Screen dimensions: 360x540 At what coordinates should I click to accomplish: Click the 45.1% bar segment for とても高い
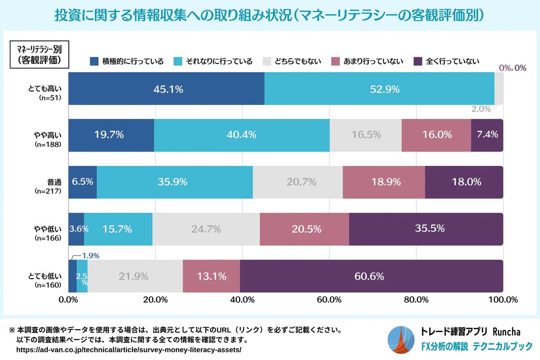click(166, 89)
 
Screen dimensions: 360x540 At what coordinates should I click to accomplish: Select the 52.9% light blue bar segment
click(379, 89)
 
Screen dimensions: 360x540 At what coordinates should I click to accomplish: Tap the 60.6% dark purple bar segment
click(371, 276)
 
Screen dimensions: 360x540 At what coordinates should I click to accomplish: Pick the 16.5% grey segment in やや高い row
click(365, 135)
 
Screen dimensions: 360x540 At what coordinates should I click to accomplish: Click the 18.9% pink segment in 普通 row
click(383, 182)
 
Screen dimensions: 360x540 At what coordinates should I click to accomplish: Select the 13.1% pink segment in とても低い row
click(211, 276)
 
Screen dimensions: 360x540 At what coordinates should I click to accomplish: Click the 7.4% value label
click(487, 135)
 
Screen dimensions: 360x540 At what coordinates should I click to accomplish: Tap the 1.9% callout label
click(90, 256)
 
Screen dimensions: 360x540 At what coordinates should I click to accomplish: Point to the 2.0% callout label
click(481, 109)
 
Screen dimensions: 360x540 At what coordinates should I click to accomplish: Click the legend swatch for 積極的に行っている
click(94, 61)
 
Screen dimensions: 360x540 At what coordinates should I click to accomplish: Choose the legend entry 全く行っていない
click(446, 61)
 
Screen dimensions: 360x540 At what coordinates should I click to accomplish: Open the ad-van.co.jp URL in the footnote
click(129, 350)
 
